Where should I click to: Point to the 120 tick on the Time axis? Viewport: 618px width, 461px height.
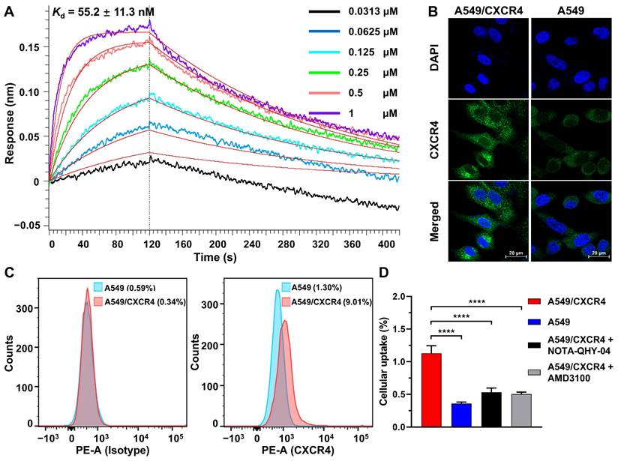coord(149,244)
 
